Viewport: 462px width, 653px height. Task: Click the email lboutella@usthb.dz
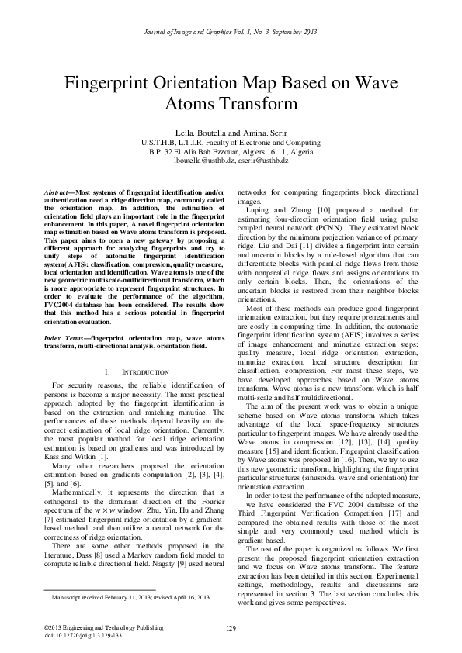click(x=203, y=160)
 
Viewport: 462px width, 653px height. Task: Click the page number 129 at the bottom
click(x=231, y=627)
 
